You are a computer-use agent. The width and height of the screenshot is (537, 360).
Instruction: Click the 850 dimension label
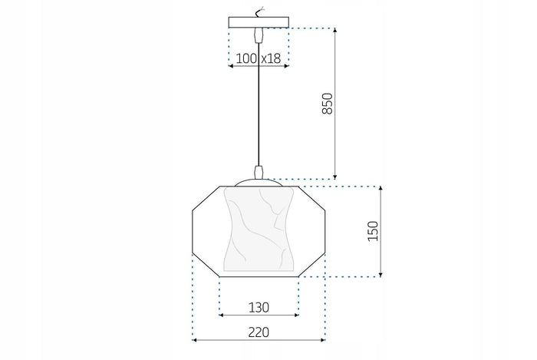pos(326,104)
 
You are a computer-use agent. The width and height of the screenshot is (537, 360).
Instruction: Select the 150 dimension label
pos(373,230)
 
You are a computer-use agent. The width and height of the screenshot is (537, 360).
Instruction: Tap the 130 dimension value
pos(259,307)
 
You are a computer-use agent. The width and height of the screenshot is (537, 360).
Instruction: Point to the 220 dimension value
pos(259,332)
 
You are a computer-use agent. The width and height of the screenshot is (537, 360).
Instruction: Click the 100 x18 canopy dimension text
pos(258,58)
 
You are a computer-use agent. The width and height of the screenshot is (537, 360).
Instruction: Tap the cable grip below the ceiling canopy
pos(259,35)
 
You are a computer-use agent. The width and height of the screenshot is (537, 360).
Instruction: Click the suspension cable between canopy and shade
pos(259,107)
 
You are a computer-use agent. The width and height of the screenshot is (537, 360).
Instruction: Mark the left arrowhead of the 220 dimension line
pos(194,339)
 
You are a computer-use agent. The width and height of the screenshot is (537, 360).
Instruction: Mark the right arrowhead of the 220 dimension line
pos(324,339)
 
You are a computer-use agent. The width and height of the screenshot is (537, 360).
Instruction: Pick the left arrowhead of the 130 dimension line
pos(222,315)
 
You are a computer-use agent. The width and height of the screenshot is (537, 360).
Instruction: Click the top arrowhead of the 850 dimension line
pos(334,30)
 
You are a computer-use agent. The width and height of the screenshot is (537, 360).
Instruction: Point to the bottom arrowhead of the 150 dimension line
pos(381,273)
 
